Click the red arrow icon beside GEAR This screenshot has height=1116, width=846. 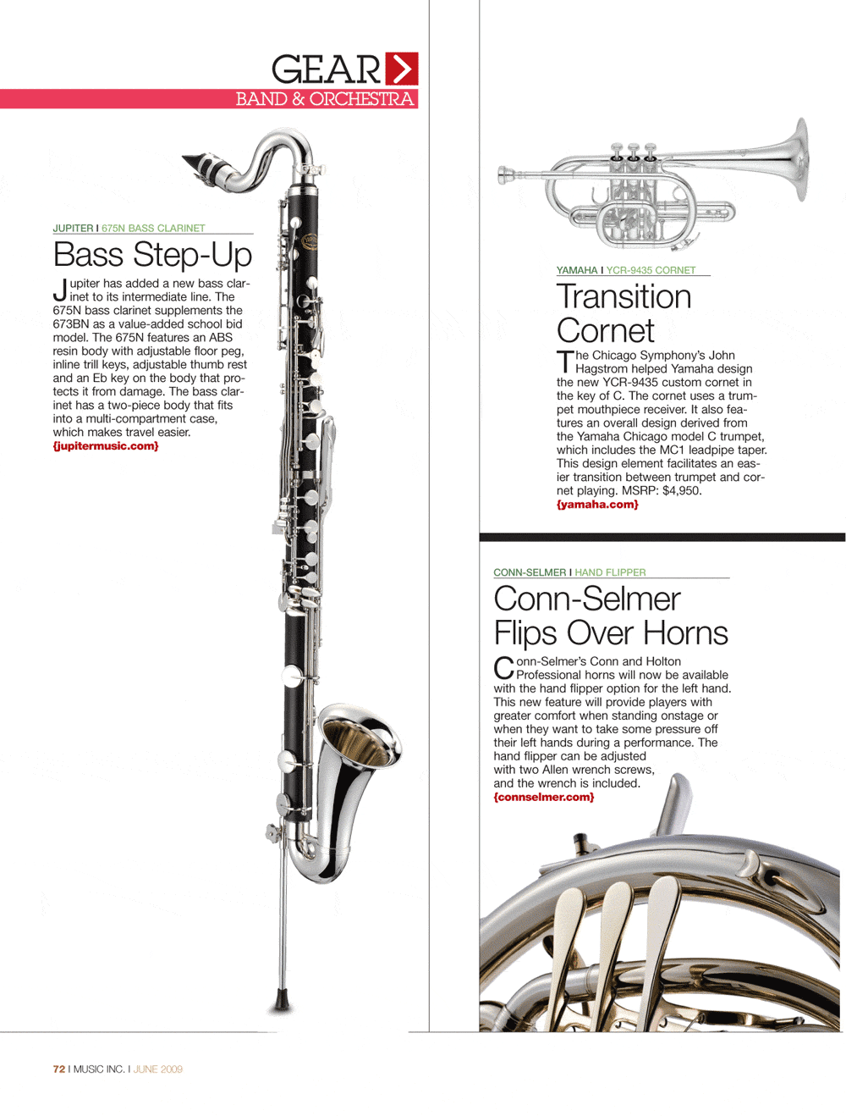coord(402,69)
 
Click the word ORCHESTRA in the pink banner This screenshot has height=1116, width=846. coord(361,99)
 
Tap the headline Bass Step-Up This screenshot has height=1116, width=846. coord(152,254)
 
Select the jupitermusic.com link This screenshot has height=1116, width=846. coord(106,446)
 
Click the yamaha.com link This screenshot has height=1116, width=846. coord(597,505)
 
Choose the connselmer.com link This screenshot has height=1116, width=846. coord(544,798)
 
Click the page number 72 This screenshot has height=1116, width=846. coord(58,1069)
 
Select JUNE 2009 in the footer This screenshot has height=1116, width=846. coord(158,1069)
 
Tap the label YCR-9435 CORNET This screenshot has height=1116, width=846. coord(651,271)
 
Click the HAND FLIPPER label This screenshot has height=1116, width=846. coord(610,573)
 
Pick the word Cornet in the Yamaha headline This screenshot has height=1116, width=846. coord(606,331)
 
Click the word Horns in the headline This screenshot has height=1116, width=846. coord(685,633)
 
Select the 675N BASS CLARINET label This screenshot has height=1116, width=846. coord(153,229)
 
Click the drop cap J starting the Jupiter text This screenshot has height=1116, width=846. coord(60,290)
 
